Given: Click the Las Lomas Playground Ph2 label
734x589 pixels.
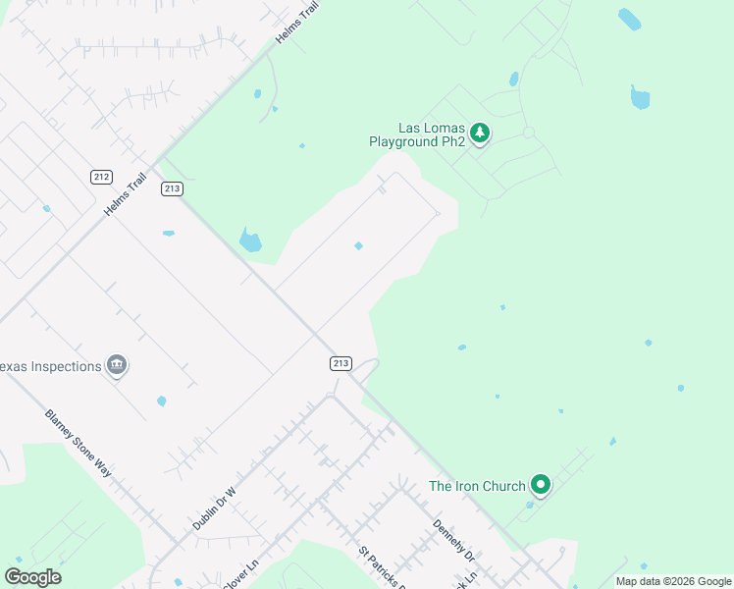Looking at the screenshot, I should [x=417, y=134].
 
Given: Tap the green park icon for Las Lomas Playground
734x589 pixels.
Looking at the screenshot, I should [x=479, y=133].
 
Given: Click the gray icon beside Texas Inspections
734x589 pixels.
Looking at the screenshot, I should [x=117, y=366].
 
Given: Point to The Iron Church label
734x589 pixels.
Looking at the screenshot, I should [x=477, y=486].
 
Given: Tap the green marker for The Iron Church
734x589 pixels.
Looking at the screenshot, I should [x=540, y=484].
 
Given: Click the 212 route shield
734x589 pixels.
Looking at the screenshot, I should [x=101, y=177].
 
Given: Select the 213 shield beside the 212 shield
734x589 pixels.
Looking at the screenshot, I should [x=173, y=188].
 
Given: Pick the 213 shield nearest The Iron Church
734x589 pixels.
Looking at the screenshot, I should [x=341, y=363].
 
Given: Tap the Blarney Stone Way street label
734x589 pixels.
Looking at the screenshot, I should [x=79, y=442].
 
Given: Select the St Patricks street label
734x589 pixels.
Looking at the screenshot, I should [x=378, y=569].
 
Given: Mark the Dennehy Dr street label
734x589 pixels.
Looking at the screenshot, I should [x=453, y=542].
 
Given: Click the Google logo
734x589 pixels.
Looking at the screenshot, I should [x=32, y=577].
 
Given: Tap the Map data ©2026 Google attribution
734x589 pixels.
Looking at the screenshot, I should [x=673, y=581].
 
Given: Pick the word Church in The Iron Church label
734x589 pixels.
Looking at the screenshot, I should [x=503, y=486].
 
